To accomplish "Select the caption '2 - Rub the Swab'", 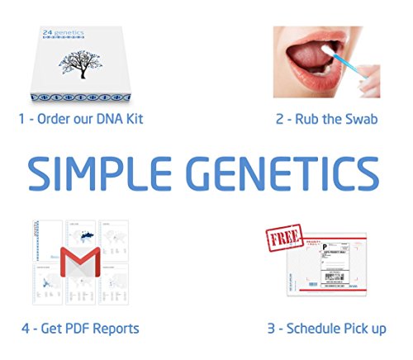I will (326, 119).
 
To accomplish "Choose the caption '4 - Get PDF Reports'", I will (82, 329).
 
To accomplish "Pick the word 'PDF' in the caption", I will (78, 329).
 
